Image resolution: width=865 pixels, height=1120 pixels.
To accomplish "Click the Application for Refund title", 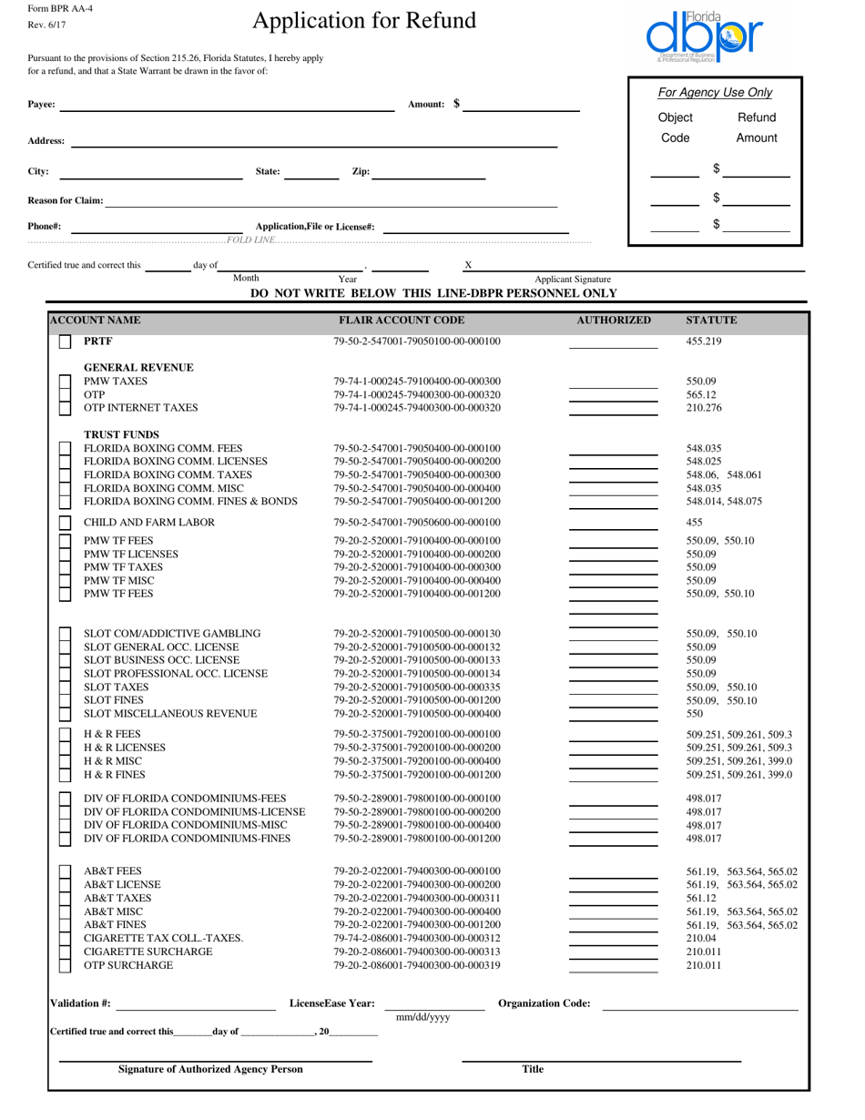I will tap(363, 21).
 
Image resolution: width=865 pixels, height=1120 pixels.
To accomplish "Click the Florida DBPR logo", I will tap(705, 36).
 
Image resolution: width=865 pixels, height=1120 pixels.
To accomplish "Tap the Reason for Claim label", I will tap(66, 200).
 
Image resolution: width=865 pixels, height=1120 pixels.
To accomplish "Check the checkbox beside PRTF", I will tap(65, 342).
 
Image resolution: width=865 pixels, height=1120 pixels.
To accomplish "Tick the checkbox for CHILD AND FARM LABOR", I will tap(65, 523).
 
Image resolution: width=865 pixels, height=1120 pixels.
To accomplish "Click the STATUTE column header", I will tap(711, 321).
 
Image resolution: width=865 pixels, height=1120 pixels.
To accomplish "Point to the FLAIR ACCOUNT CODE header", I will tap(402, 321).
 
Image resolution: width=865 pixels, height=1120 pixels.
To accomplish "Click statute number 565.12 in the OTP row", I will tap(701, 395).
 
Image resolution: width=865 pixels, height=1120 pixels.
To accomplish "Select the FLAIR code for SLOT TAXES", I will tap(417, 687).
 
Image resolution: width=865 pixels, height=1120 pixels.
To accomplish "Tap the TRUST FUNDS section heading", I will tap(121, 434).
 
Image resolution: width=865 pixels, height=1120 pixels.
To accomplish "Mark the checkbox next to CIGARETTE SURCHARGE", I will tap(65, 952).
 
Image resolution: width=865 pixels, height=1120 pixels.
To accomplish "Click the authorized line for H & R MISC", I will tap(613, 761).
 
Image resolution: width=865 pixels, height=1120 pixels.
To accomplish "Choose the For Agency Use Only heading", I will tap(715, 93).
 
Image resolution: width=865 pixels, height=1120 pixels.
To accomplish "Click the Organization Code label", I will tap(544, 1003).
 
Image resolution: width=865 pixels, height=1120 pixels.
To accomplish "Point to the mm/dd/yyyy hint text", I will tap(423, 1018).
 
